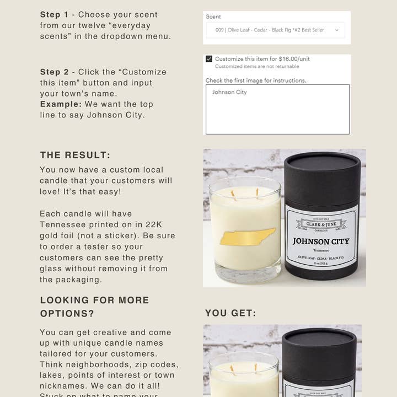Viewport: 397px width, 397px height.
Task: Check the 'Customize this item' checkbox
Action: click(209, 59)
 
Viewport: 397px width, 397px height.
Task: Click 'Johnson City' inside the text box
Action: click(229, 93)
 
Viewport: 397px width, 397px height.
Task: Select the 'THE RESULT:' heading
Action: click(75, 155)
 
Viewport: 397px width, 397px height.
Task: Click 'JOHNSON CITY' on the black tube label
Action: click(320, 241)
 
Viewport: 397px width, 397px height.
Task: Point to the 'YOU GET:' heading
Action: click(230, 313)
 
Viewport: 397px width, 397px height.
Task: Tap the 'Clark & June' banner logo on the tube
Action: click(321, 224)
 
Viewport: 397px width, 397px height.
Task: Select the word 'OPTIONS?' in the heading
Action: click(67, 314)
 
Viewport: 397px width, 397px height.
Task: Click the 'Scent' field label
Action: click(213, 17)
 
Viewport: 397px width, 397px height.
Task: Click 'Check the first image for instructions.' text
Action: click(256, 81)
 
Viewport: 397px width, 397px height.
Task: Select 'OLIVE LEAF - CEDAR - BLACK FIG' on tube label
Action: click(320, 257)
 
